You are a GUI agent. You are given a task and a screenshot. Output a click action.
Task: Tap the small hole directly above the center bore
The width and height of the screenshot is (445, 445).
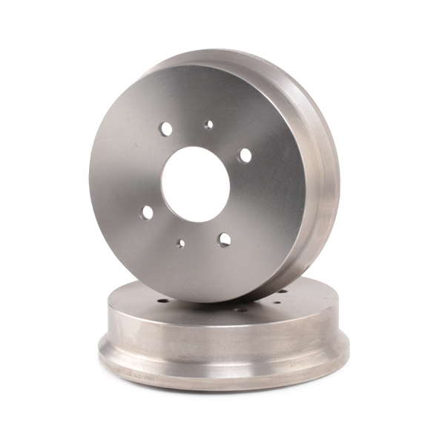(x=208, y=125)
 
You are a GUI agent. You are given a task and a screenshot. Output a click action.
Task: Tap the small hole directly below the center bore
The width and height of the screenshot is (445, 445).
(x=180, y=243)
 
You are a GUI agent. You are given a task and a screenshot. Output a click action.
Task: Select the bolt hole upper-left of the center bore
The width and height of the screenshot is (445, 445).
(x=166, y=129)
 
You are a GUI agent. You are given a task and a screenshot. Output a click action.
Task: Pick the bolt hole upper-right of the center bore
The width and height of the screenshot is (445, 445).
(x=244, y=155)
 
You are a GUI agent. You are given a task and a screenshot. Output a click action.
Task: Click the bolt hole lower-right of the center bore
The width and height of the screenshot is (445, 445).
(x=224, y=239)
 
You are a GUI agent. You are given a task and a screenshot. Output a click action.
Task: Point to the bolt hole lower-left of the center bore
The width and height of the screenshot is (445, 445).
(x=147, y=213)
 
